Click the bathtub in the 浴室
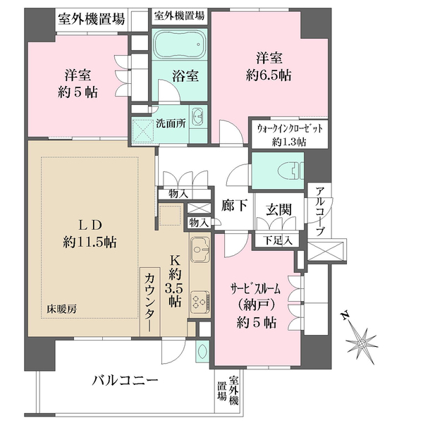[179, 44]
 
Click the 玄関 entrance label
[276, 209]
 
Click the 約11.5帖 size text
[90, 242]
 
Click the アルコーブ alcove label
[319, 209]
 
